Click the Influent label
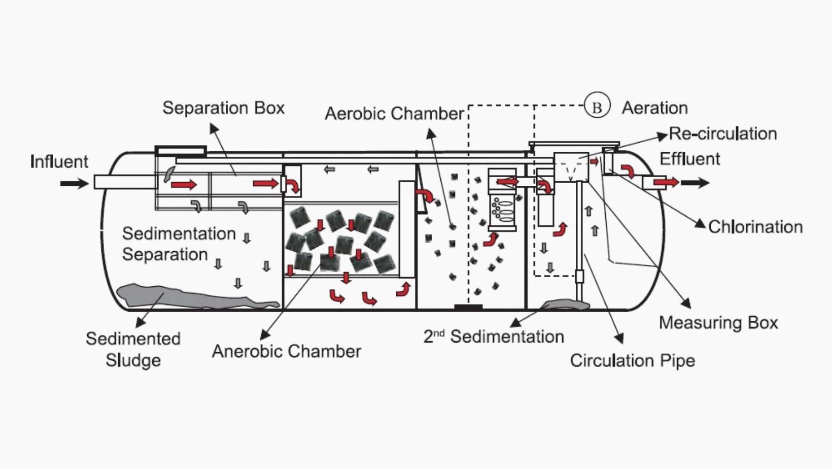point(59,161)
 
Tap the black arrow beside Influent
point(74,183)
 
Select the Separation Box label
point(223,108)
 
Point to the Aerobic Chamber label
point(394,113)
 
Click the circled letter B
point(597,107)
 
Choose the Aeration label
point(654,108)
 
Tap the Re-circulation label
point(723,133)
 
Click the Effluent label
point(689,159)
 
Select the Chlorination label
point(755,227)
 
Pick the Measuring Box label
point(718,323)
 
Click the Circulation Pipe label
point(632,360)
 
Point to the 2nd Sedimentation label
point(494,337)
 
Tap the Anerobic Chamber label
point(287,351)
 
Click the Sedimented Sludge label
point(133,349)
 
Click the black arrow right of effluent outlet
point(695,183)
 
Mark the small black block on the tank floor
point(468,307)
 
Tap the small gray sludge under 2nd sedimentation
point(566,305)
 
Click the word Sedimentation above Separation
point(179,233)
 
